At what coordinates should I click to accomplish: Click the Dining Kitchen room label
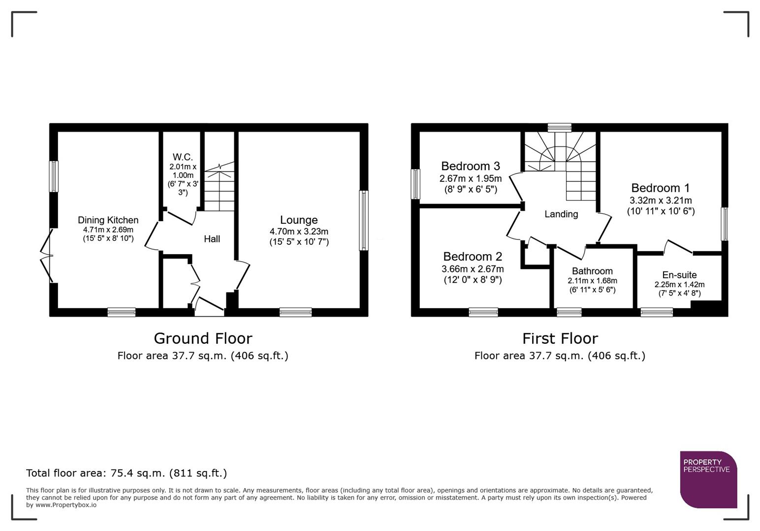pos(108,220)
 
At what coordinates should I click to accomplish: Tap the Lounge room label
pos(299,220)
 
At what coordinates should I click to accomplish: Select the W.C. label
pos(182,157)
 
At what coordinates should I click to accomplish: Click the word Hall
pos(212,239)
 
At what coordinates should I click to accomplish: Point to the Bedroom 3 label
pos(470,166)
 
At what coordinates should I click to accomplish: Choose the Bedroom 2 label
pos(472,257)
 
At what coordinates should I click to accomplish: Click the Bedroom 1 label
pos(660,188)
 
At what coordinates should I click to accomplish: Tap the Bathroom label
pos(592,271)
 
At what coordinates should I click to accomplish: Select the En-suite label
pos(679,275)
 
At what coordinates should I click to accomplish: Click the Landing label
pos(561,214)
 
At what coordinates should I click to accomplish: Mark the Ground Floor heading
pos(203,339)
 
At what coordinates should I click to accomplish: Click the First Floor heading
pos(560,339)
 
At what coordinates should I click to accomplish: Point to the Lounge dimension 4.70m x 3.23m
pos(299,232)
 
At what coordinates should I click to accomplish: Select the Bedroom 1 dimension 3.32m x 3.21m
pos(660,201)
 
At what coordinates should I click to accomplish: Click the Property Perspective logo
pos(708,479)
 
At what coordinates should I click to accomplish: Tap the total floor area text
pos(127,473)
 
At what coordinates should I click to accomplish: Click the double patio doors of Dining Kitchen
pos(47,256)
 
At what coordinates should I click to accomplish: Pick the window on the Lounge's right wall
pos(363,220)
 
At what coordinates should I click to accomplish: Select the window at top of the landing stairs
pos(559,127)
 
